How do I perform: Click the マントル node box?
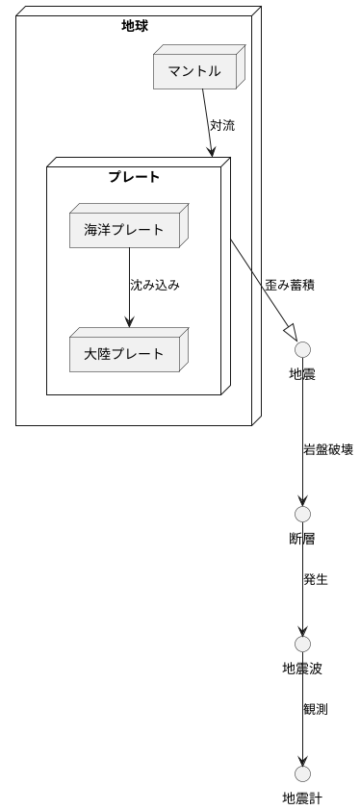194,71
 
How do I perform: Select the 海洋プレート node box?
124,229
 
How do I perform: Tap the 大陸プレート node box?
124,354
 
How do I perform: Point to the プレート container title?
134,177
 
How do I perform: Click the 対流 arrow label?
222,125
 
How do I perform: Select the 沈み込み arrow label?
155,286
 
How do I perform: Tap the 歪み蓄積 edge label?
290,286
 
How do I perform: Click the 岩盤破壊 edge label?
328,449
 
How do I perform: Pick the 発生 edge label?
316,579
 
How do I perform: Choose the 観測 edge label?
316,709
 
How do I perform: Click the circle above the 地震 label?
302,349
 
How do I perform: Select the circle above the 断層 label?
302,514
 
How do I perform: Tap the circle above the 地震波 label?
302,644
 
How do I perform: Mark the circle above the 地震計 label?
302,773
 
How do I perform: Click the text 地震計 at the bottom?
302,797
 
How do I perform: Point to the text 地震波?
302,668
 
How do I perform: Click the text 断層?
302,538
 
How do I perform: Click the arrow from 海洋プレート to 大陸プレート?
129,289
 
